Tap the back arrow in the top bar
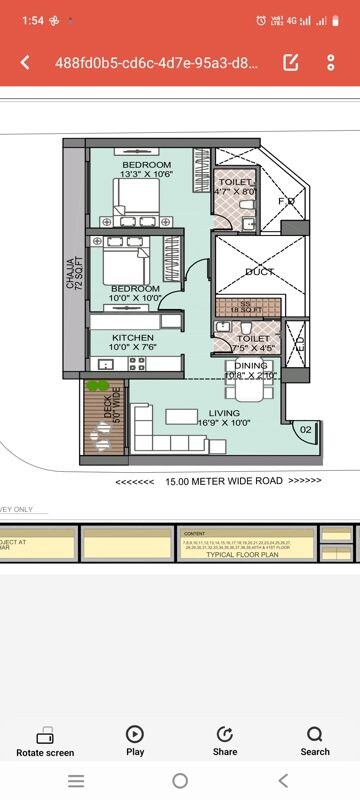point(25,62)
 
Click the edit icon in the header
point(291,62)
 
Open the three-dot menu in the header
point(331,62)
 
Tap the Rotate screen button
point(45,740)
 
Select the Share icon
point(225,740)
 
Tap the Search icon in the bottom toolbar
point(315,740)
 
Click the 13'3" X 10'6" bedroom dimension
point(147,174)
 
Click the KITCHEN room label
point(132,338)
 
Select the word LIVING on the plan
point(224,412)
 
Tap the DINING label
point(251,366)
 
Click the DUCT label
point(259,271)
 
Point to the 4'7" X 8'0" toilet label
point(236,191)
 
